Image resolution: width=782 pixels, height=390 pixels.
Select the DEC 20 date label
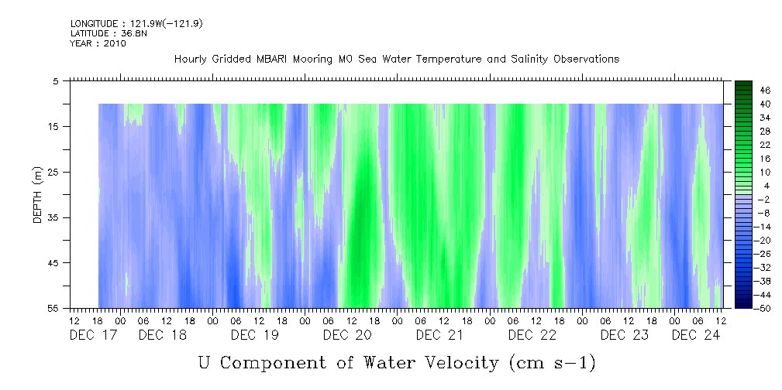(x=346, y=335)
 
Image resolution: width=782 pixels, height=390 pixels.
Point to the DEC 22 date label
(x=531, y=335)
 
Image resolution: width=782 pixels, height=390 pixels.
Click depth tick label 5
(x=56, y=80)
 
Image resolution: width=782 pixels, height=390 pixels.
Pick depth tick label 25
(x=53, y=172)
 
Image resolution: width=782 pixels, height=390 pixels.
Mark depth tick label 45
(x=53, y=263)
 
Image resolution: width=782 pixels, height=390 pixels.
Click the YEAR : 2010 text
(x=98, y=43)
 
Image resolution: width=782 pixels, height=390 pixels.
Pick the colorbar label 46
(x=744, y=90)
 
